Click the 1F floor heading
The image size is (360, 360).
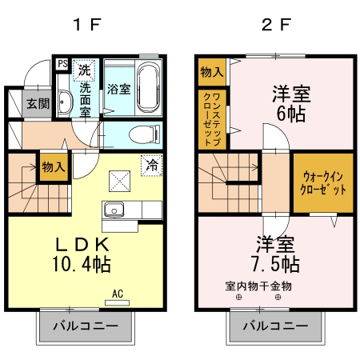86,23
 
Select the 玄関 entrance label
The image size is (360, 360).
37,103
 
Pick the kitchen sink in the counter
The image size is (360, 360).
113,210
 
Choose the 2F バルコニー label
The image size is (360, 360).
274,326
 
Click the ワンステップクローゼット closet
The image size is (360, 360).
212,118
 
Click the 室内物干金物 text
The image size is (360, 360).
258,286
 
